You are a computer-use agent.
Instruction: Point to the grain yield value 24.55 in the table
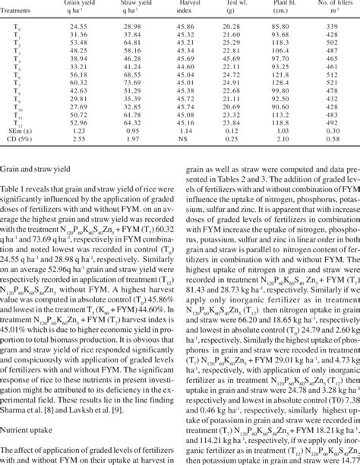78,26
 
